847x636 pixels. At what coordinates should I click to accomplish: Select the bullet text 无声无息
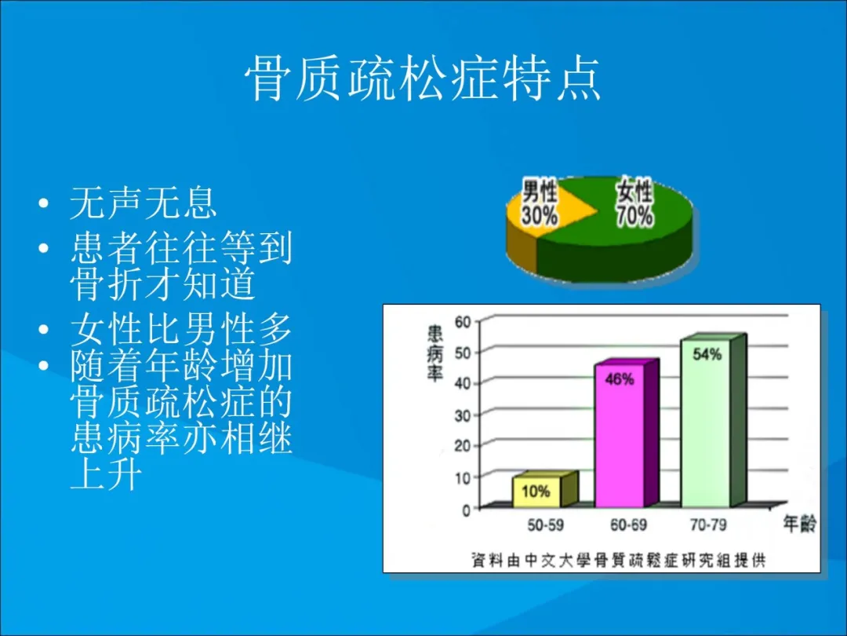click(144, 203)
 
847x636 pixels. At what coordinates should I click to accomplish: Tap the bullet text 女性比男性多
click(181, 329)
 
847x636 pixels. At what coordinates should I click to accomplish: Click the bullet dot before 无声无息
click(44, 204)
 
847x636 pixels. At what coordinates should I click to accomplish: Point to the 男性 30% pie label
click(539, 203)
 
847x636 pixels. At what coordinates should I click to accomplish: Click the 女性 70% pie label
click(634, 203)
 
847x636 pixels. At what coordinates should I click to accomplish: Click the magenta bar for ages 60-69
click(626, 433)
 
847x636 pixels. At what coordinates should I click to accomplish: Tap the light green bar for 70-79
click(713, 421)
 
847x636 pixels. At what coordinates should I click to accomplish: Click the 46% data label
click(619, 379)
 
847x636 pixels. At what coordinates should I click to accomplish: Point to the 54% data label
click(707, 354)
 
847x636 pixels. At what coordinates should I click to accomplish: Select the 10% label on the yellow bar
click(536, 492)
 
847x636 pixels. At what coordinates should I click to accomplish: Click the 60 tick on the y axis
click(463, 322)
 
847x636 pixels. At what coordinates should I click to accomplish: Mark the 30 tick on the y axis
click(463, 415)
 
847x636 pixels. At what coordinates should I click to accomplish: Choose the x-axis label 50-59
click(545, 525)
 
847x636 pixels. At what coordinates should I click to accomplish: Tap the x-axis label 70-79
click(708, 525)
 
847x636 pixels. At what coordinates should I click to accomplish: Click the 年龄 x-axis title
click(799, 524)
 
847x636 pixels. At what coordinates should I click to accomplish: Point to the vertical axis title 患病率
click(434, 353)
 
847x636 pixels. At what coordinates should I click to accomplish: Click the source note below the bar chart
click(618, 560)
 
